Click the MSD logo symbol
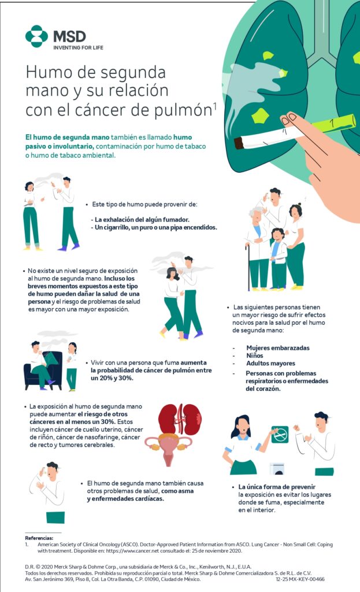point(36,36)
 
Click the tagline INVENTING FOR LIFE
point(78,47)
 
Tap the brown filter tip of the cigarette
point(239,143)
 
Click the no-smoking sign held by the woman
point(280,434)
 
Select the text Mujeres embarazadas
point(278,347)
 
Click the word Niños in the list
point(255,356)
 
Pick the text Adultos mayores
point(270,363)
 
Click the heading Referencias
point(39,538)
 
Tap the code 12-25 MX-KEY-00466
point(300,579)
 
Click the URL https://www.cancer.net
point(132,551)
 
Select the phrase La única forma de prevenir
point(277,487)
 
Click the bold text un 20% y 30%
point(112,378)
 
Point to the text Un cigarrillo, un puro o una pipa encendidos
point(155,227)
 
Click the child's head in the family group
point(277,234)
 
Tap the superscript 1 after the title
point(215,106)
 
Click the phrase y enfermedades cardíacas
point(125,499)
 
